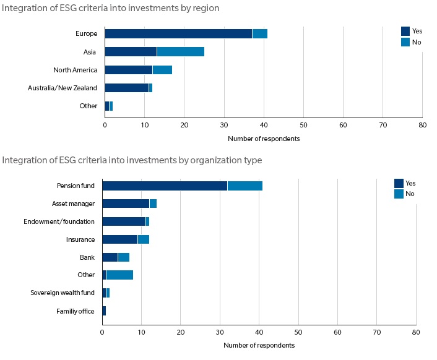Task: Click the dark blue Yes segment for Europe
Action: click(x=178, y=33)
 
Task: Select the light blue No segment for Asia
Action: click(x=180, y=51)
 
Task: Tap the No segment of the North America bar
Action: click(x=162, y=70)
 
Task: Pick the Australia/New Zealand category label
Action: click(x=63, y=88)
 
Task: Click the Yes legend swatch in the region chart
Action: click(x=405, y=31)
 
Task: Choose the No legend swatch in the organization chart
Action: click(x=399, y=194)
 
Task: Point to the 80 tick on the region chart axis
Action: click(x=422, y=125)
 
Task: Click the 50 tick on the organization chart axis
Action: click(x=298, y=332)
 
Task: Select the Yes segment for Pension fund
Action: click(x=165, y=186)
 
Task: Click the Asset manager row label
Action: click(x=73, y=204)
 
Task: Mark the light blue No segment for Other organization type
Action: click(x=119, y=275)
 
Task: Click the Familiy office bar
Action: click(x=104, y=311)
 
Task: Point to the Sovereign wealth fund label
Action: click(x=63, y=293)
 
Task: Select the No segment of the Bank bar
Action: click(x=123, y=257)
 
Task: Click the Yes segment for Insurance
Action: click(x=119, y=239)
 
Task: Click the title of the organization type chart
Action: click(x=132, y=160)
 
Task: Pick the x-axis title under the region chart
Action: click(x=263, y=139)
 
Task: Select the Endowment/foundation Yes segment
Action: click(x=123, y=221)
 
